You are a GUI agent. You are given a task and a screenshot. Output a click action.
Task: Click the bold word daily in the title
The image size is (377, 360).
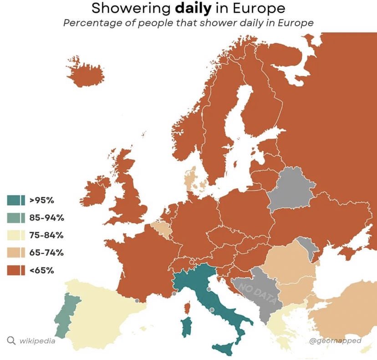coord(189,8)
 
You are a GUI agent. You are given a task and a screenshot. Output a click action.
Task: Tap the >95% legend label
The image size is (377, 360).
coord(42,200)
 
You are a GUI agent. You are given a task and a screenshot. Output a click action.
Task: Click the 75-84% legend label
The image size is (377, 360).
coord(46,235)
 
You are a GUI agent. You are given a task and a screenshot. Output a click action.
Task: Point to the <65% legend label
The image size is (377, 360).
coord(42,270)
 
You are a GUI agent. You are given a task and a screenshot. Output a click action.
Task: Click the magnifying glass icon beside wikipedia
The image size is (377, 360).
coord(11,340)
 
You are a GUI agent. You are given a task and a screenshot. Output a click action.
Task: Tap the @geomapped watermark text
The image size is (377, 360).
coord(335,340)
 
